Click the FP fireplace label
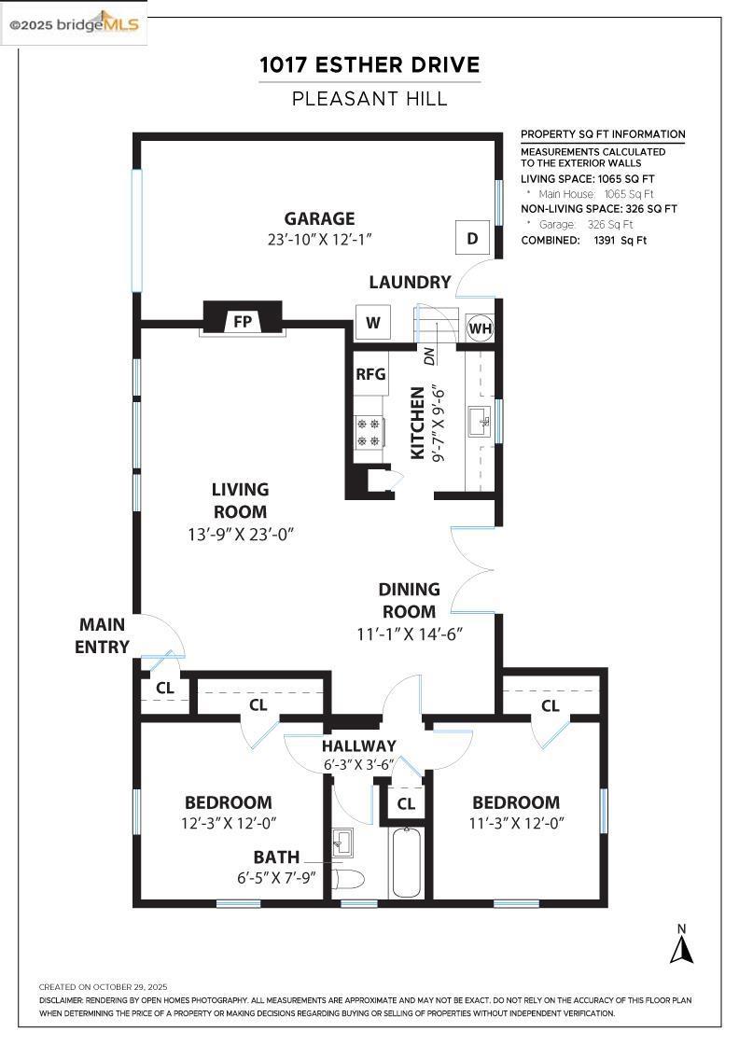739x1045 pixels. coord(243,322)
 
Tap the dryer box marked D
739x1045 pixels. coord(472,238)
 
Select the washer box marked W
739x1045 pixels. coord(373,323)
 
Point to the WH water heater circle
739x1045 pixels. coord(480,328)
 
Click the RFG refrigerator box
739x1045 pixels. coord(370,374)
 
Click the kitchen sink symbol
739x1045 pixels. coord(481,422)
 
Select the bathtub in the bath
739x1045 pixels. coord(406,862)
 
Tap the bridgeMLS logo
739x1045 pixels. coord(75,24)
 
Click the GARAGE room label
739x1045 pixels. coord(319,219)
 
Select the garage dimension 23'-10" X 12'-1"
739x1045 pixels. coord(319,240)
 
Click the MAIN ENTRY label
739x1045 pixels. coord(103,635)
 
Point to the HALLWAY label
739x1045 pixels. coord(359,745)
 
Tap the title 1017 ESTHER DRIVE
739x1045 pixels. coord(369,65)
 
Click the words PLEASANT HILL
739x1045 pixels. coord(369,98)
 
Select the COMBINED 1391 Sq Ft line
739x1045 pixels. coord(583,240)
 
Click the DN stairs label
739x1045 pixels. coord(429,355)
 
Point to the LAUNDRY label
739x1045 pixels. coord(410,282)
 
